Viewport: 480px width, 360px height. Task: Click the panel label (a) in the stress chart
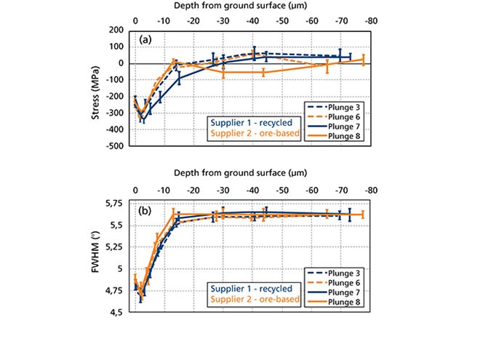145,41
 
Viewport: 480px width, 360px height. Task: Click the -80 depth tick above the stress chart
371,16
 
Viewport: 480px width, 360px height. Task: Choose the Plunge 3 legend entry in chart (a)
335,107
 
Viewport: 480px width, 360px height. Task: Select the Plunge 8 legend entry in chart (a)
335,136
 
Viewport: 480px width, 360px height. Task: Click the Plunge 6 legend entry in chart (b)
335,281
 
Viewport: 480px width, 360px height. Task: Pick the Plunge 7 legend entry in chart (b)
335,291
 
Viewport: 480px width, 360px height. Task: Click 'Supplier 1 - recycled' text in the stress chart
251,121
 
